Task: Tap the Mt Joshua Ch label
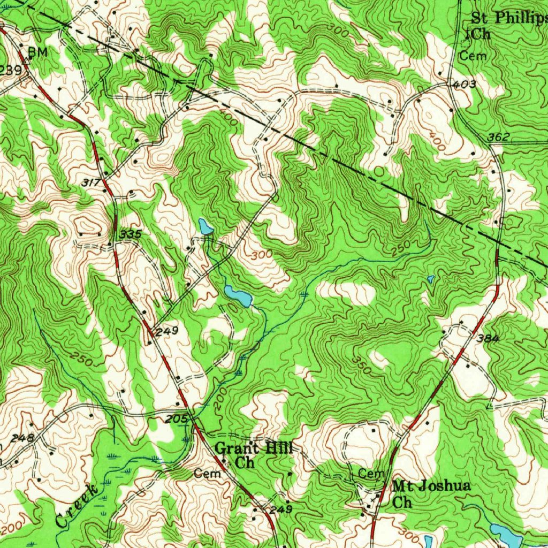click(431, 494)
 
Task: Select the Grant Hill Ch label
click(254, 455)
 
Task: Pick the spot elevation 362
click(498, 138)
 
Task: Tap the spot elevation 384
click(488, 338)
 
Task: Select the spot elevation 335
click(131, 234)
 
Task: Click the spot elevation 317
click(92, 182)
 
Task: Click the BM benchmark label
click(37, 52)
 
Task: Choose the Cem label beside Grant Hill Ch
click(207, 474)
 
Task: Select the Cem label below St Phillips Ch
click(473, 56)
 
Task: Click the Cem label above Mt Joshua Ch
click(371, 474)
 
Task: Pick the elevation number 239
click(11, 70)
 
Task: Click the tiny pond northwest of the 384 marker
click(431, 279)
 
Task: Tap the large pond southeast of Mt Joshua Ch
click(506, 533)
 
